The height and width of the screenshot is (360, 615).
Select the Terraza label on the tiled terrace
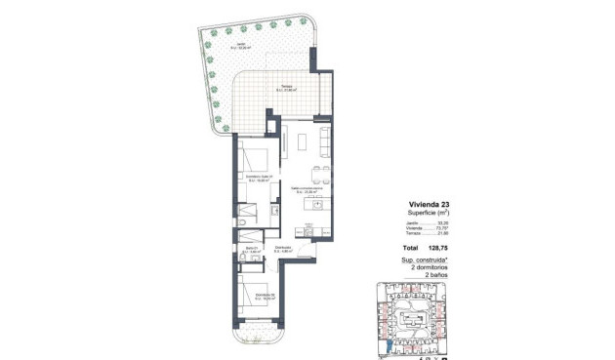click(287, 88)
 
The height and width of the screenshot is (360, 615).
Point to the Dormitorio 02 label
click(258, 298)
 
